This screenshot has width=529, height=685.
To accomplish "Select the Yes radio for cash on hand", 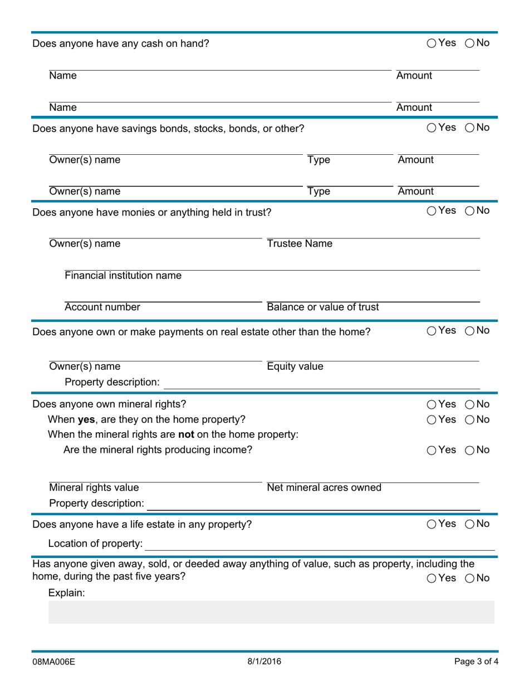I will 432,43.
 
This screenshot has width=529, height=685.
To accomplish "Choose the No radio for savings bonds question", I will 469,128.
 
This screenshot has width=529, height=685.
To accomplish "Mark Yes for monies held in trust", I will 432,211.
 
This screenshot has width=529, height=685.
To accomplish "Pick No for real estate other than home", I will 469,331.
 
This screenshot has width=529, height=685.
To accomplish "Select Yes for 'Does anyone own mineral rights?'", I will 432,404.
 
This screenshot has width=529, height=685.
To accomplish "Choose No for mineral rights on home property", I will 469,420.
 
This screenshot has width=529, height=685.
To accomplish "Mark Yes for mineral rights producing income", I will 432,451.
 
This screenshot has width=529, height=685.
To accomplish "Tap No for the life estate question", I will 469,524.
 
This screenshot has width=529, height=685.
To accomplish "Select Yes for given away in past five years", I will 432,579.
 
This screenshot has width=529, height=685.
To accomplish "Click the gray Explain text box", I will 271,612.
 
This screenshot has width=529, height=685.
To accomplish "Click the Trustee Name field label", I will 300,244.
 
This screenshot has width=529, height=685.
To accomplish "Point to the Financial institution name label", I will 123,276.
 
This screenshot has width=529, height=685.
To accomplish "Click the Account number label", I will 102,307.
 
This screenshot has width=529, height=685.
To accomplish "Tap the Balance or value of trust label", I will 323,307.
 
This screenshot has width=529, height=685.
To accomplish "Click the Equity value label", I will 295,366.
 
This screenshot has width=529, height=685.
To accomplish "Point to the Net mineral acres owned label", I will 324,488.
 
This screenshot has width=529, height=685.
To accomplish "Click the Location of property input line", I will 320,544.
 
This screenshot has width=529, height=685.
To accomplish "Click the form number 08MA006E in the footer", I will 53,662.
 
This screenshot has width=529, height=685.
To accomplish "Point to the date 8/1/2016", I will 264,662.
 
